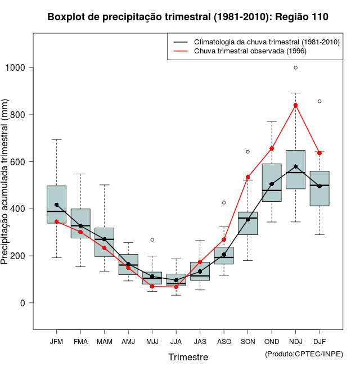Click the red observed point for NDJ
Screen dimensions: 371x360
click(x=296, y=105)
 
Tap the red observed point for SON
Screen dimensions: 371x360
click(x=247, y=177)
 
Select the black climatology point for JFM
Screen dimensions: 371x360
click(x=56, y=205)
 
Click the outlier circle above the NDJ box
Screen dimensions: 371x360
click(x=296, y=67)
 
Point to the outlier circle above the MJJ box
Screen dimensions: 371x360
click(x=152, y=239)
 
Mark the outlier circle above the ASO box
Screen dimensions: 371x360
click(x=224, y=202)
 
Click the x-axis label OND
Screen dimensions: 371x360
click(x=272, y=341)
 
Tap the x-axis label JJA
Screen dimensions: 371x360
click(x=176, y=341)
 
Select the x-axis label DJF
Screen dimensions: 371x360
click(x=319, y=341)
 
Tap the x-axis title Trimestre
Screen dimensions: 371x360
click(x=188, y=357)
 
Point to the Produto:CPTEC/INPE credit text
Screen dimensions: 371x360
click(x=304, y=354)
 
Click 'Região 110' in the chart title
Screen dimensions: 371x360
click(x=302, y=17)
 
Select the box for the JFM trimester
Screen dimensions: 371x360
click(x=56, y=204)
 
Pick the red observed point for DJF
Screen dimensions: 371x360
click(x=319, y=153)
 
